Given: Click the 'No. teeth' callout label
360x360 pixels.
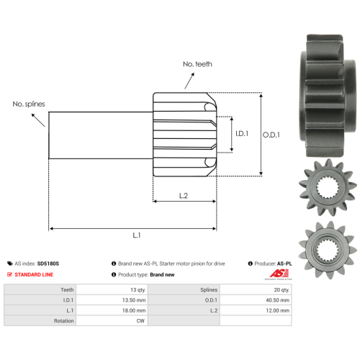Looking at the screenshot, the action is [x=197, y=64].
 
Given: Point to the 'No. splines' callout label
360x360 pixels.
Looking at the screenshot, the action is [x=29, y=104].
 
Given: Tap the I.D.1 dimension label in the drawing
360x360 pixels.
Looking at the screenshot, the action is [x=242, y=133].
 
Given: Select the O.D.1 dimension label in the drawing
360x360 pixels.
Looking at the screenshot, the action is [x=271, y=135].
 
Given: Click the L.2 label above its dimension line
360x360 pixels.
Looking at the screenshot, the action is [x=184, y=196].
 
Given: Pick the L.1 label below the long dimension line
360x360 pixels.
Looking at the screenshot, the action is [x=137, y=235].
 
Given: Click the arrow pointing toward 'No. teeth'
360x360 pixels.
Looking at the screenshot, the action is [x=189, y=81].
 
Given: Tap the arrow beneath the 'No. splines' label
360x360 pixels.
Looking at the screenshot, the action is [x=38, y=120].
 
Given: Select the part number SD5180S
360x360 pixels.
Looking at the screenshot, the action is [x=48, y=264].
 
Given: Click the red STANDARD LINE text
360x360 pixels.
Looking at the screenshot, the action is [x=34, y=274].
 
